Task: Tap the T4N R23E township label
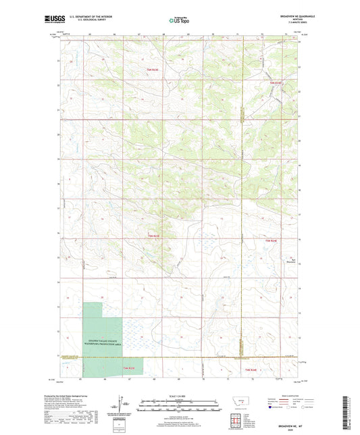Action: tap(155, 236)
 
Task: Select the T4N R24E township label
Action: tap(272, 240)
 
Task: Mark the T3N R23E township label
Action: tap(128, 368)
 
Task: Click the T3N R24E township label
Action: tap(251, 369)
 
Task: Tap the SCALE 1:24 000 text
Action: tap(179, 395)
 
